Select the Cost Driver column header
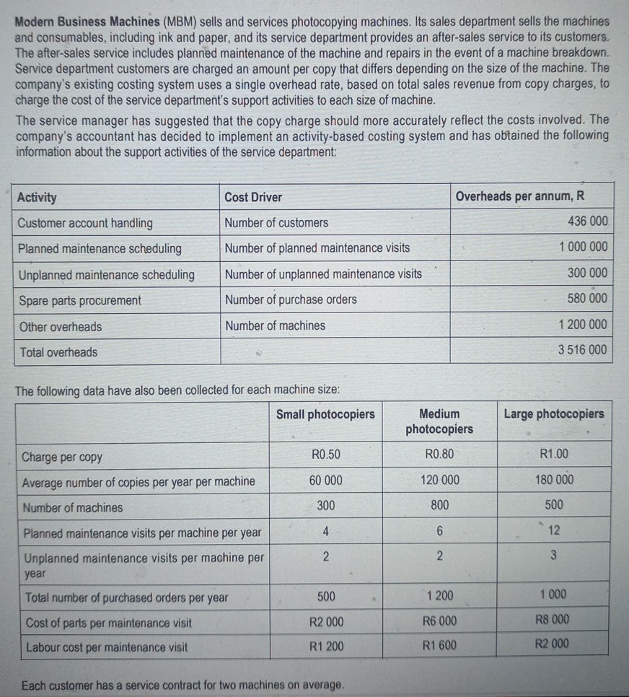click(x=253, y=197)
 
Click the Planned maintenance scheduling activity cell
click(x=100, y=249)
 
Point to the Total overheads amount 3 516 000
click(x=582, y=351)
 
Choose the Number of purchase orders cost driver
click(x=291, y=299)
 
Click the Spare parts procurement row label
click(x=79, y=300)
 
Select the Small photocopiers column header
click(x=325, y=414)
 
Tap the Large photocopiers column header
click(x=553, y=414)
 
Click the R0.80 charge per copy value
click(x=439, y=455)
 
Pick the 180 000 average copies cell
click(x=554, y=480)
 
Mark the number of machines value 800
click(x=439, y=505)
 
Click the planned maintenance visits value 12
click(x=554, y=530)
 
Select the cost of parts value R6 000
click(x=439, y=621)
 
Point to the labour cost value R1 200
click(x=326, y=646)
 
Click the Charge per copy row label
click(x=62, y=457)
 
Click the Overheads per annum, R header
click(x=519, y=196)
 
